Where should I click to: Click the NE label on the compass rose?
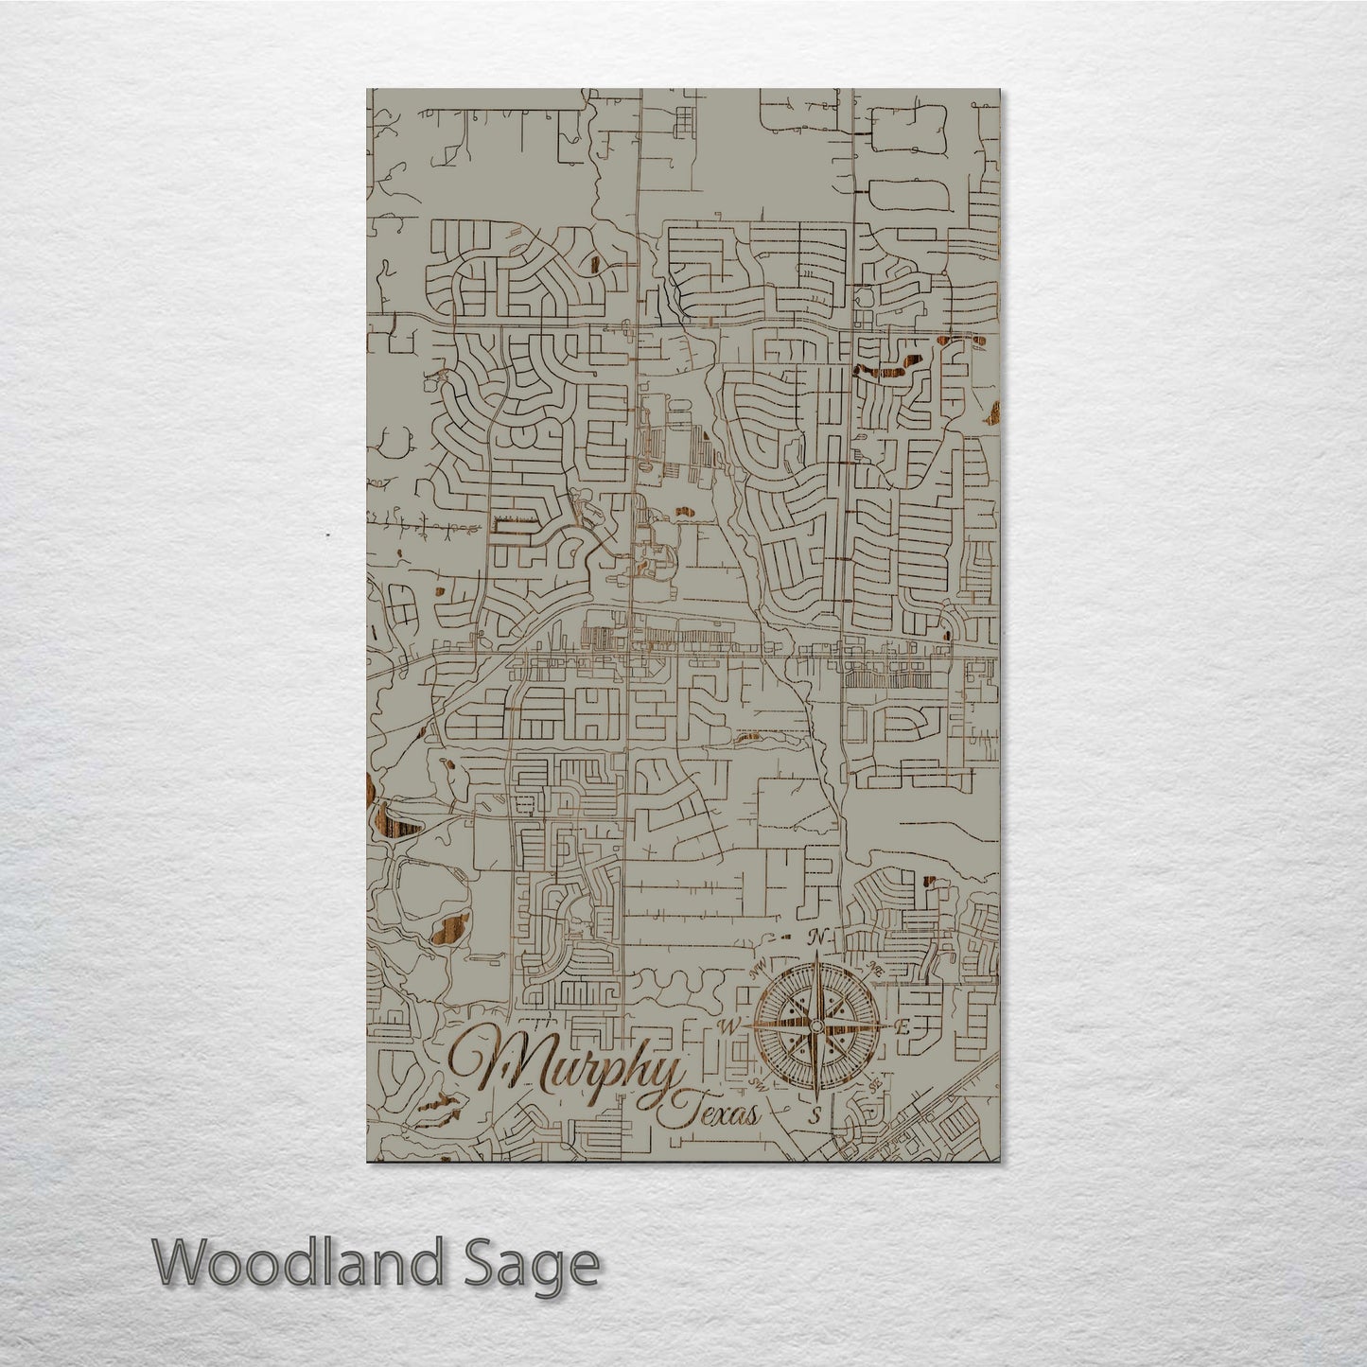coord(875,966)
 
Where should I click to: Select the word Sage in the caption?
coord(544,1265)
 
